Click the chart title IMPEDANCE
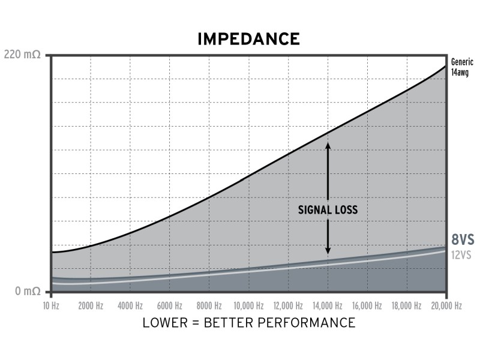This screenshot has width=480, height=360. (248, 40)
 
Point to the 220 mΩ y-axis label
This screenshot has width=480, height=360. (22, 55)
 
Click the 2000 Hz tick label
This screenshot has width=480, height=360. (91, 305)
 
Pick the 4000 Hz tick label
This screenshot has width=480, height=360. (130, 305)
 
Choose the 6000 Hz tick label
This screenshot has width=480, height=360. (170, 305)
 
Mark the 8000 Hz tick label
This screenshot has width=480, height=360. (209, 305)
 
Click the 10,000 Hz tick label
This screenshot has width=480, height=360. (248, 305)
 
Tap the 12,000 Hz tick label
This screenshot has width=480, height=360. (288, 305)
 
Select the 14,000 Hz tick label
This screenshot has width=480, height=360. (328, 305)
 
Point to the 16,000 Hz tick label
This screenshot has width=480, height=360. (367, 305)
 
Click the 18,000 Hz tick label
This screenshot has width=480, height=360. (407, 305)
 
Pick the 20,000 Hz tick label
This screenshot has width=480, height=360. (446, 305)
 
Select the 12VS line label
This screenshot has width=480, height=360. (462, 254)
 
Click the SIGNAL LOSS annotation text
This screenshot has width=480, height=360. (328, 210)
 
